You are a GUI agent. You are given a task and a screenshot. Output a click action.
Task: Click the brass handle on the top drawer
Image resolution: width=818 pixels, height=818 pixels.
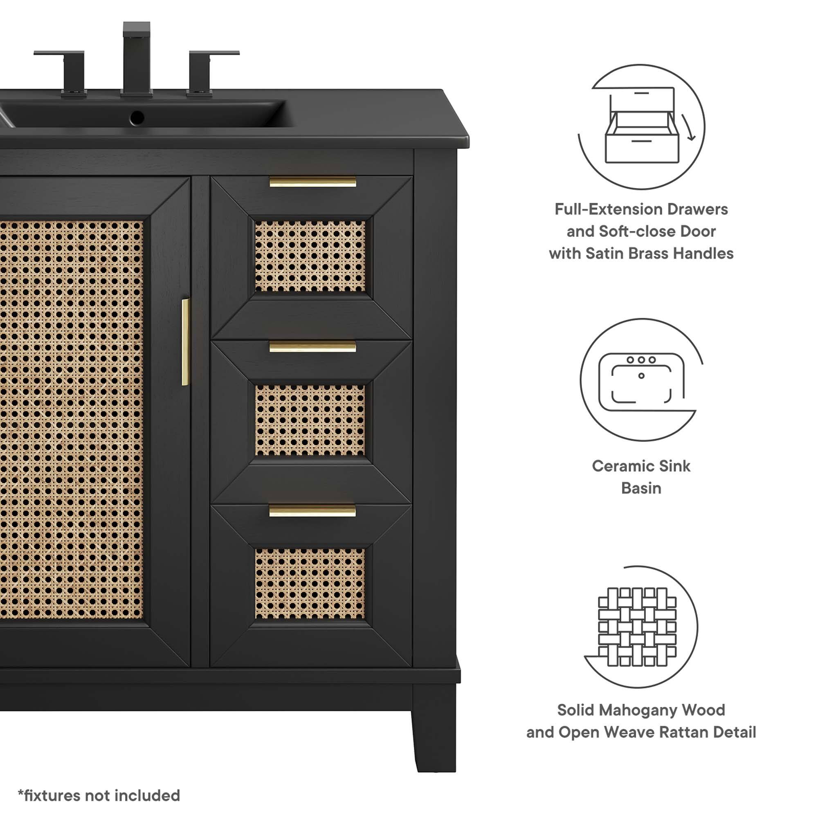coord(313,182)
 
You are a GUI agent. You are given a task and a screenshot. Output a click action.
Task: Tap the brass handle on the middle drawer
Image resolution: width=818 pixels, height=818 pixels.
coord(312,347)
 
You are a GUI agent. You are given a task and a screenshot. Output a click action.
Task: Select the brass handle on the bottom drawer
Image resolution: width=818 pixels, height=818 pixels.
coord(312,510)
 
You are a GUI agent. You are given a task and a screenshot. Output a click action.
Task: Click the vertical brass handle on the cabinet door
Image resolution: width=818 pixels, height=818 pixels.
coord(185,342)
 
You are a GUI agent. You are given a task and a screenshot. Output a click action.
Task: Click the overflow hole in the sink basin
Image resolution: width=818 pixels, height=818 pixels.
coord(137,117)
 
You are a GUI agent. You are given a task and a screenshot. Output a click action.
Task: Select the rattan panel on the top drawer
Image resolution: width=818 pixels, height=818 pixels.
coord(310,256)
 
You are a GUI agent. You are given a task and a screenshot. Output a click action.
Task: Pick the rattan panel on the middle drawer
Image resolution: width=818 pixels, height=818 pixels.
coord(310,420)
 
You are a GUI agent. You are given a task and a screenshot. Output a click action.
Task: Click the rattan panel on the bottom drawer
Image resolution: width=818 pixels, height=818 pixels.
coord(310,584)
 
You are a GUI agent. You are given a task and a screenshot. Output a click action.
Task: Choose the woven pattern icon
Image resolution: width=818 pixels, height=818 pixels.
coord(638,627)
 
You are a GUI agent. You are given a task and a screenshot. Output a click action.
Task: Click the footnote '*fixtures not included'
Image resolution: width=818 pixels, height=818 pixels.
coord(99,796)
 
